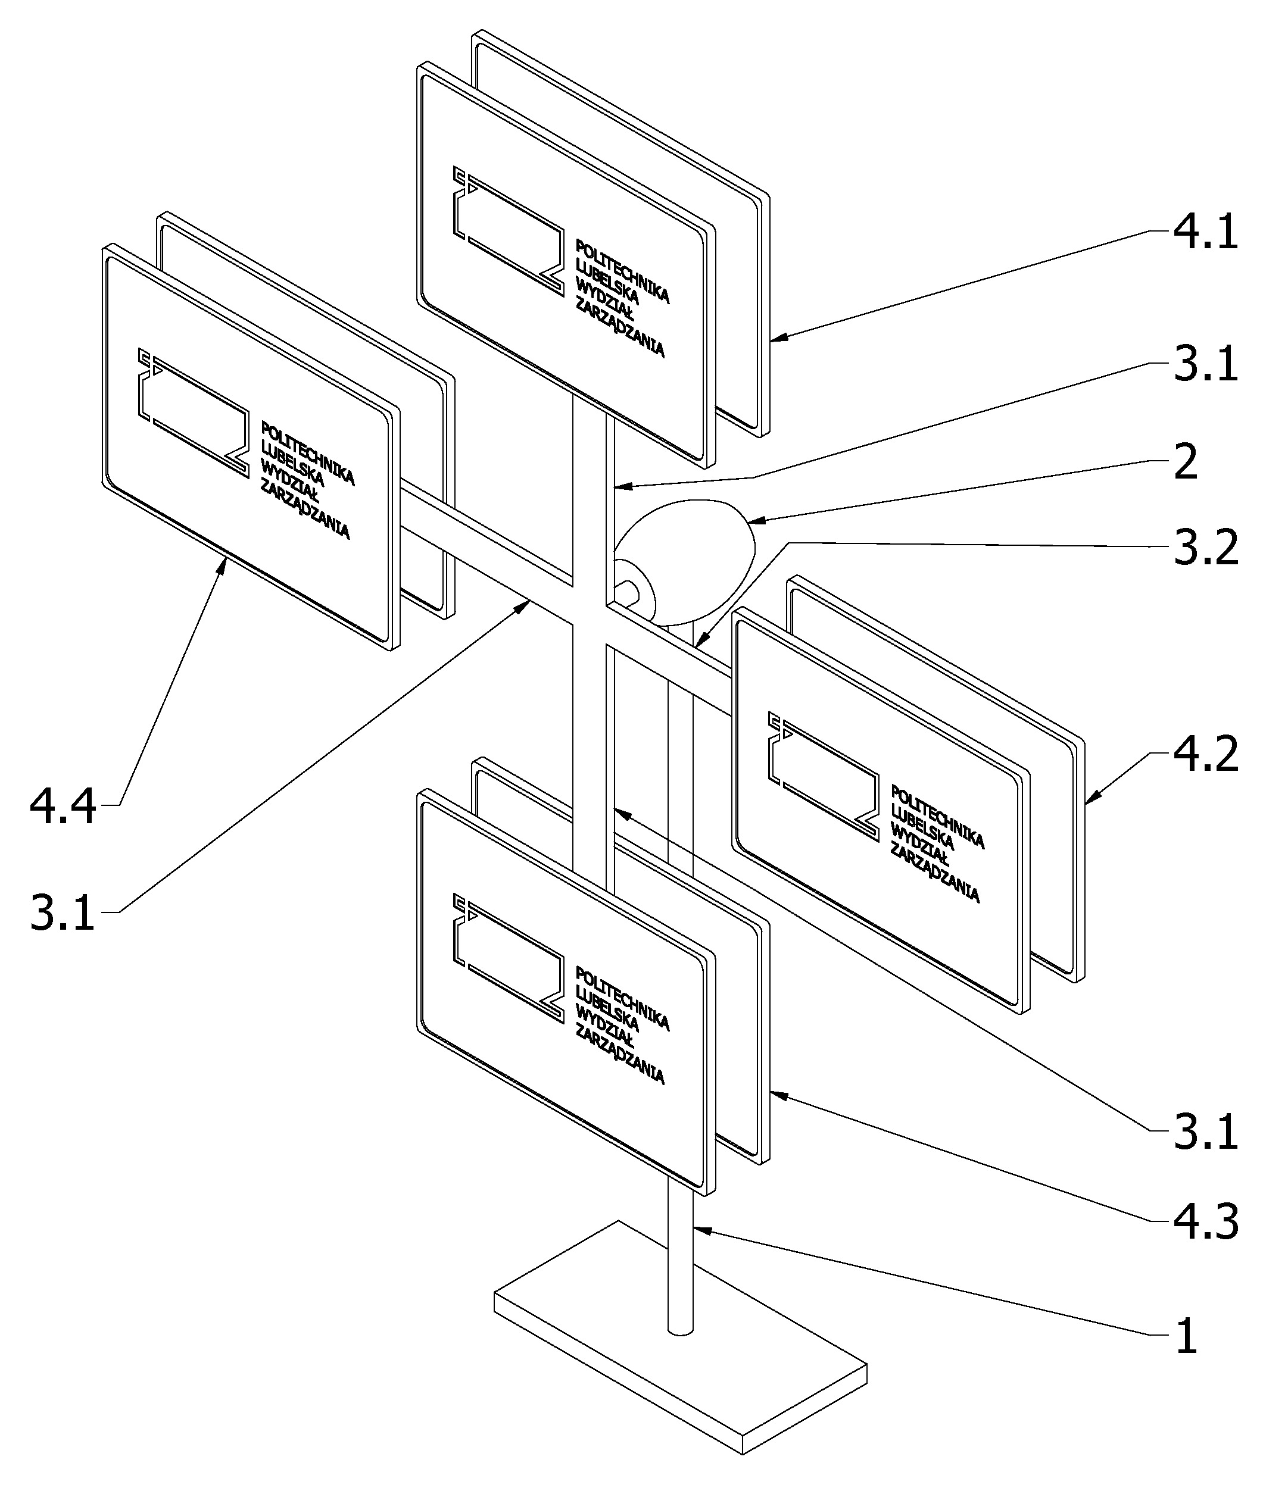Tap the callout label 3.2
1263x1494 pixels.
pyautogui.click(x=1205, y=549)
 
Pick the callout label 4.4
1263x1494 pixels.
pyautogui.click(x=63, y=807)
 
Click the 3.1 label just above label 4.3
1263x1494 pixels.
pyautogui.click(x=1205, y=1132)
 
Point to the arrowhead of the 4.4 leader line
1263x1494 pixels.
pyautogui.click(x=224, y=566)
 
